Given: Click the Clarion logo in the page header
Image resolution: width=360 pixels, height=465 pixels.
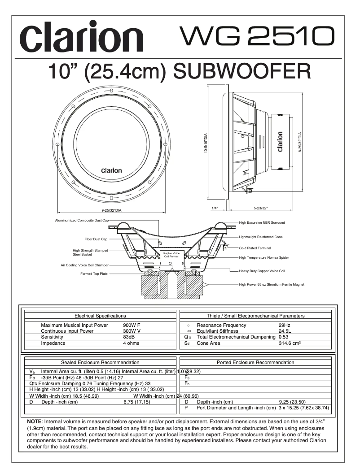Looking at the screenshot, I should pyautogui.click(x=83, y=39).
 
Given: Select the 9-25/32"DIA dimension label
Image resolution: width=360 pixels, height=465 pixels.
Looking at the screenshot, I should pyautogui.click(x=111, y=210).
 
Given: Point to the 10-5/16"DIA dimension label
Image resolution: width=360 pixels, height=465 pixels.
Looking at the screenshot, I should pyautogui.click(x=205, y=143).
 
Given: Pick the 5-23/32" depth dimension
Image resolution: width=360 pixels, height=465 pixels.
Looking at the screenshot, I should pyautogui.click(x=260, y=208).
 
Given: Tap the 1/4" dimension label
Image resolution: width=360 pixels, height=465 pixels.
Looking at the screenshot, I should pyautogui.click(x=215, y=208).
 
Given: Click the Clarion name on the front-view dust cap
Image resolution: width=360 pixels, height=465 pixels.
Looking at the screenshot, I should pyautogui.click(x=111, y=170).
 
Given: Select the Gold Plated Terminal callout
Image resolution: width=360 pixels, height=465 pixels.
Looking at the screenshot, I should pyautogui.click(x=255, y=248).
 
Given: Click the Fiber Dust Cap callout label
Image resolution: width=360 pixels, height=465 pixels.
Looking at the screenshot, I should pyautogui.click(x=96, y=239).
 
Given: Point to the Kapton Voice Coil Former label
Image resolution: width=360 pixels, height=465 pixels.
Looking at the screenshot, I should pyautogui.click(x=171, y=255).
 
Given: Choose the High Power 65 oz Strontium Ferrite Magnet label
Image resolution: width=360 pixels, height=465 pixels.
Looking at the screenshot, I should pyautogui.click(x=272, y=284).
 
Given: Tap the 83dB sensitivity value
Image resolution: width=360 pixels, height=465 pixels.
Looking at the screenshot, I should pyautogui.click(x=129, y=337).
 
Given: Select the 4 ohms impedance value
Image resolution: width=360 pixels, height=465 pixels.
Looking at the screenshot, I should pyautogui.click(x=131, y=343).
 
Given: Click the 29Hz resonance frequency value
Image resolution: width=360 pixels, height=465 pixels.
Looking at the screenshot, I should pyautogui.click(x=284, y=325).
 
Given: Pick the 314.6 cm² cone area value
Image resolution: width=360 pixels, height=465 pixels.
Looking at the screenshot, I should pyautogui.click(x=290, y=343).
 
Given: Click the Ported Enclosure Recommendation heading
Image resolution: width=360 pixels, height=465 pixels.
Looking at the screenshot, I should pyautogui.click(x=255, y=362).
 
